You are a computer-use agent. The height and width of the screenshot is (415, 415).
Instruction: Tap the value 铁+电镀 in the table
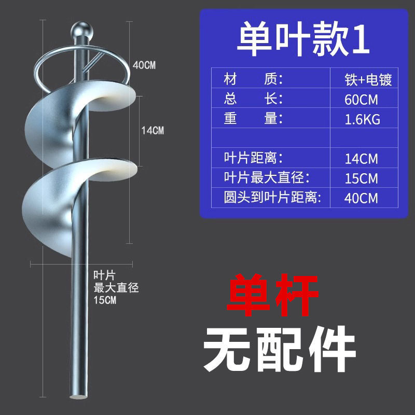[x=368, y=80]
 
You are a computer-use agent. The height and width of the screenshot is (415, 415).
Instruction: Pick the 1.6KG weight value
[x=362, y=119]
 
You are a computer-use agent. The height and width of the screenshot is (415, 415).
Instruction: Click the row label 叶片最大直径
[x=266, y=178]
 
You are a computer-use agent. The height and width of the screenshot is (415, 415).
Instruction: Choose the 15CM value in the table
[x=361, y=178]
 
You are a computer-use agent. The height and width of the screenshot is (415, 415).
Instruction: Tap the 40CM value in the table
[x=361, y=198]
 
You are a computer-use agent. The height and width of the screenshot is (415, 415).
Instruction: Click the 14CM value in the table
[x=361, y=158]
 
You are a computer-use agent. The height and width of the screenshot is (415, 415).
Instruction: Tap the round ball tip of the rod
[x=82, y=28]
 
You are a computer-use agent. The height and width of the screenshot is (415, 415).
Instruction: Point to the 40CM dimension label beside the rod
[x=144, y=65]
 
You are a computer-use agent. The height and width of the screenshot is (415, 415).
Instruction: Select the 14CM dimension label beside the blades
[x=152, y=131]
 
